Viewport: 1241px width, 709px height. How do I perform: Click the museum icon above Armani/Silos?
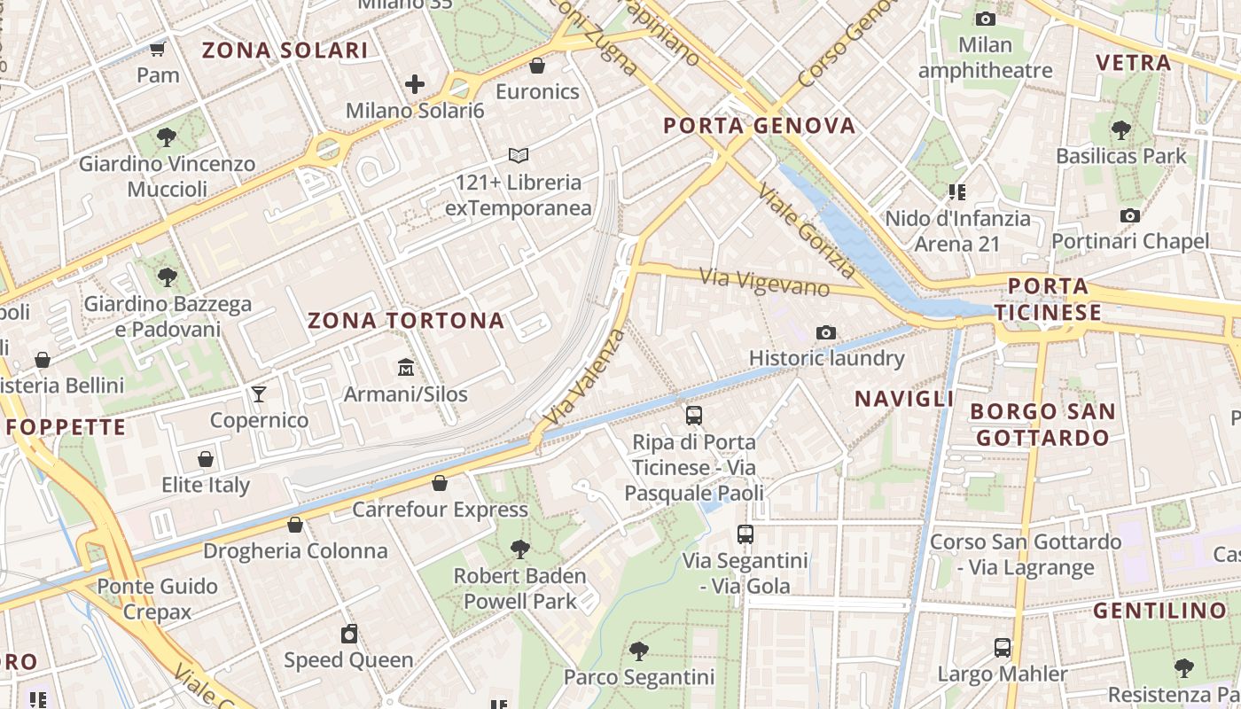(406, 366)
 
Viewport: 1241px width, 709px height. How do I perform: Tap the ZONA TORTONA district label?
(406, 321)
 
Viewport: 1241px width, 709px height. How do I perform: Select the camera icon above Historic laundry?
(826, 332)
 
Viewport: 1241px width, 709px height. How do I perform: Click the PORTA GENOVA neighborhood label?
(760, 126)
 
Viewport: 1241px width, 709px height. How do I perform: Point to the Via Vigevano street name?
(764, 283)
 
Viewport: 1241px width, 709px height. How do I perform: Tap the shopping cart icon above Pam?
(158, 49)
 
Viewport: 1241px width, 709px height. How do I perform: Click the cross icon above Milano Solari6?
(415, 84)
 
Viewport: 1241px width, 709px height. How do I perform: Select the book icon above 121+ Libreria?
(519, 156)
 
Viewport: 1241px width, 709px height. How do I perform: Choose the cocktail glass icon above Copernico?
(259, 393)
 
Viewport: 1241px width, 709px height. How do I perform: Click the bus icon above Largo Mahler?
(1003, 648)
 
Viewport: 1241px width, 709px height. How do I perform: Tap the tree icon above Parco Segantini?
(638, 651)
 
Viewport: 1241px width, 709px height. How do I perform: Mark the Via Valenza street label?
(586, 377)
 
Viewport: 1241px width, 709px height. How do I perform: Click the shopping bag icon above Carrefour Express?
(440, 483)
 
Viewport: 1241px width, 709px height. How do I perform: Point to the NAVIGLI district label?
(904, 399)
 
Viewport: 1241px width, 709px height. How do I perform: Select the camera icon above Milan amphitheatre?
(985, 19)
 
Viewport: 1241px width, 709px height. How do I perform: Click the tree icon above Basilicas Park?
(1120, 130)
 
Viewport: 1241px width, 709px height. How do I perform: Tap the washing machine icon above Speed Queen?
(349, 634)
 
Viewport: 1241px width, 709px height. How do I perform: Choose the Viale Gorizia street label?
(806, 231)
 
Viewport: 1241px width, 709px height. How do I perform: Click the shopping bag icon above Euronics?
(537, 66)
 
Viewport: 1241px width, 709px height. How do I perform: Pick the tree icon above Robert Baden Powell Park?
(520, 549)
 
